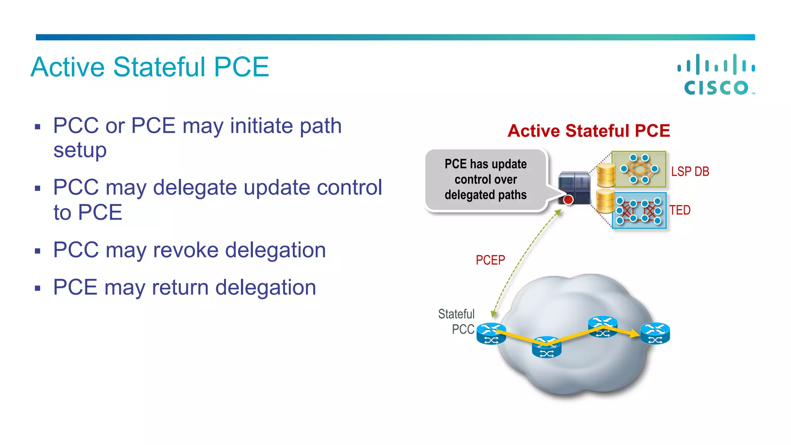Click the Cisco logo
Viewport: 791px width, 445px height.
pos(716,75)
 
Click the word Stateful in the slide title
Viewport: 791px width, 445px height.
pos(159,67)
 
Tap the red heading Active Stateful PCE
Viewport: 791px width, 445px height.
pos(589,131)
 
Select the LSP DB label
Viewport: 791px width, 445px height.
pos(690,172)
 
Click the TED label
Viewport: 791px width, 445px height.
pos(680,210)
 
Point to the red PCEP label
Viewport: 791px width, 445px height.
pos(490,260)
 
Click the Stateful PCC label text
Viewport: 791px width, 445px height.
pos(457,321)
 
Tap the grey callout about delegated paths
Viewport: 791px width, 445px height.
pos(485,180)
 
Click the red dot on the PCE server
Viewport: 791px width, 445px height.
pos(568,200)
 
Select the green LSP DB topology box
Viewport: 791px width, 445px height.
pos(639,169)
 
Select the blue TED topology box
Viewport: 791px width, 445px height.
pos(639,211)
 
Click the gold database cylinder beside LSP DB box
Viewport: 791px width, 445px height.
pos(606,175)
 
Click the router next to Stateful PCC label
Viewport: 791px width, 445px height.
pos(491,334)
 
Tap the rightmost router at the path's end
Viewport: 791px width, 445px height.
pos(655,333)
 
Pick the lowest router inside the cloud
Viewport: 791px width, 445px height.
pos(547,348)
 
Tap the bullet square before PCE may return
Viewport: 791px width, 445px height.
pos(37,288)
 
